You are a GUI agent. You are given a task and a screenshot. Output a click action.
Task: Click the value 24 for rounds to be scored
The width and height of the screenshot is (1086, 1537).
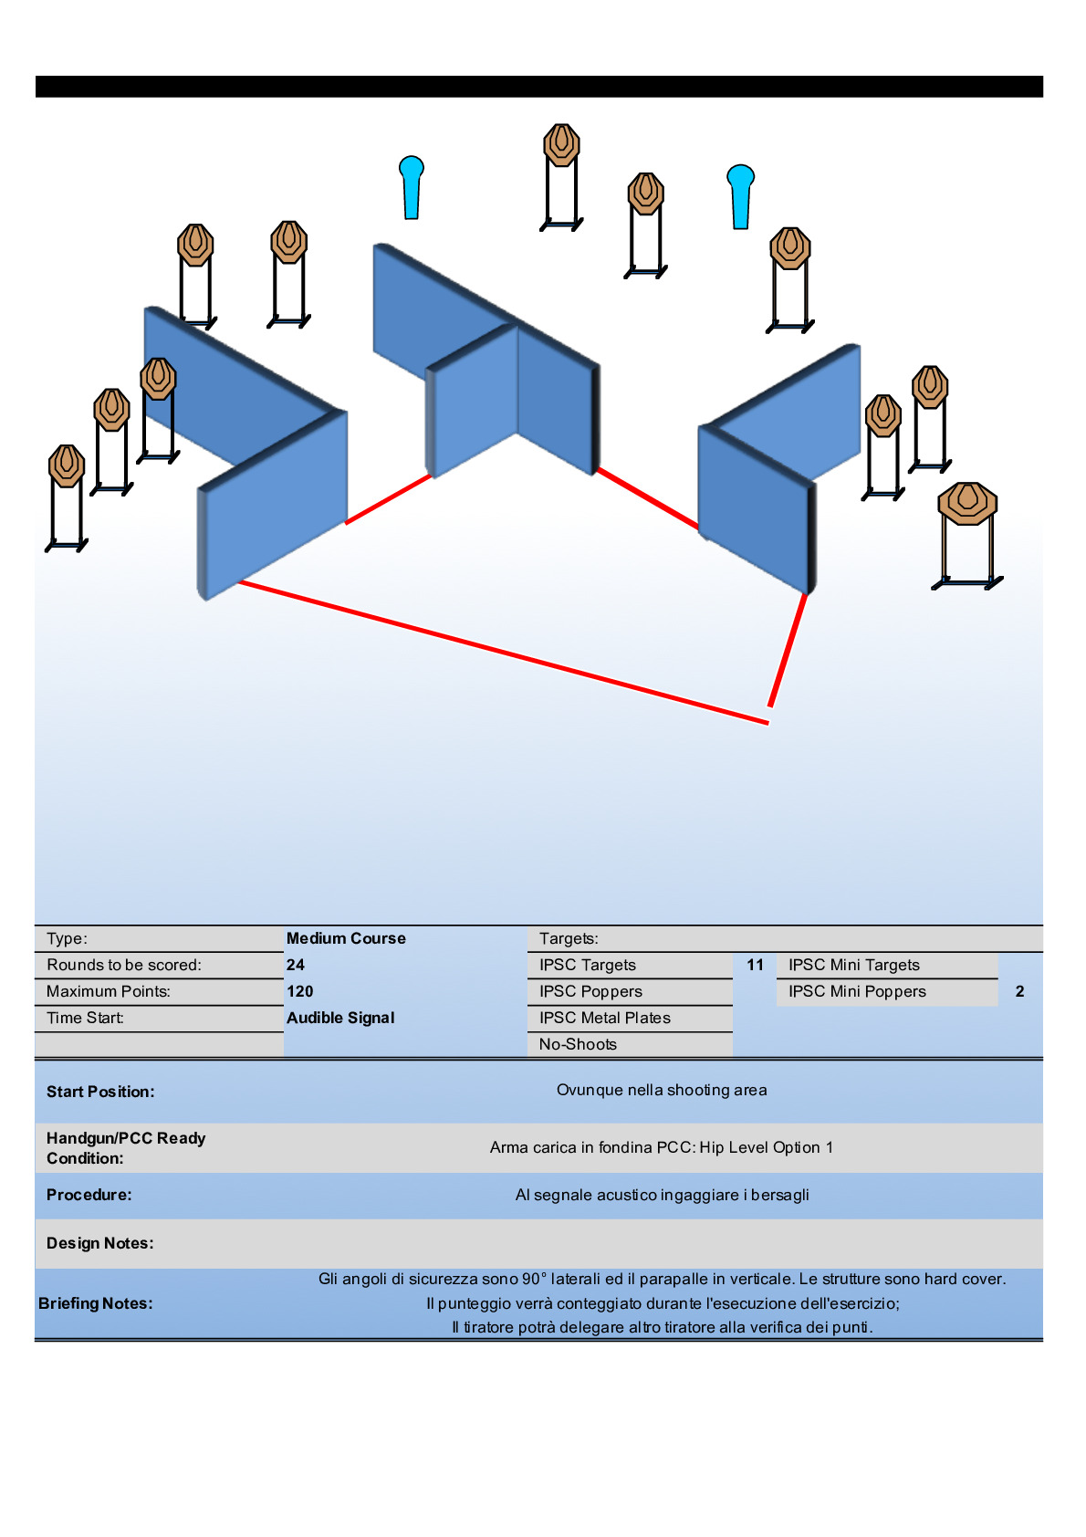(x=296, y=965)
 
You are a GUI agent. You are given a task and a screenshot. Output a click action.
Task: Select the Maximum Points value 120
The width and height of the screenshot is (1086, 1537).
(x=299, y=991)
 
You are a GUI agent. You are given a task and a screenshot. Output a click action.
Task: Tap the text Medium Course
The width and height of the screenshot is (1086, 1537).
(x=346, y=938)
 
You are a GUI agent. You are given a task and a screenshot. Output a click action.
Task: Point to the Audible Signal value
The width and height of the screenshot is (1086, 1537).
(x=340, y=1018)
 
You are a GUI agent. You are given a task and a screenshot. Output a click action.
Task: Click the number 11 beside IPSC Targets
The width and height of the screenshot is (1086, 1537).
(x=755, y=965)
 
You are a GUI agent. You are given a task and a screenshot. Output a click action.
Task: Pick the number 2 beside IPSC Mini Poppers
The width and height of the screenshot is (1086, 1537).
(x=1019, y=991)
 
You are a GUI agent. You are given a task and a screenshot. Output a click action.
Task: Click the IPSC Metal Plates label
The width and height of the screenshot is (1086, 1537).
(x=604, y=1018)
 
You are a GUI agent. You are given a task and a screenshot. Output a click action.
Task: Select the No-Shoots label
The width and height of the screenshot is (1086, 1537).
(x=578, y=1044)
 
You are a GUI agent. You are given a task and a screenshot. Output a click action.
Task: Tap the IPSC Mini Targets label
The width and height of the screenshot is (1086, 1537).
(x=853, y=965)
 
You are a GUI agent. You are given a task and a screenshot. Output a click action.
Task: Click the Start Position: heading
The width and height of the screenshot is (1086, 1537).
(x=100, y=1092)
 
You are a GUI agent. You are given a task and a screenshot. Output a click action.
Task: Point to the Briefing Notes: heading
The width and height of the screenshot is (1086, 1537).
(x=96, y=1303)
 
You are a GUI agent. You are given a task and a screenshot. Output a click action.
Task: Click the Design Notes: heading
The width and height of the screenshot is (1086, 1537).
(x=100, y=1243)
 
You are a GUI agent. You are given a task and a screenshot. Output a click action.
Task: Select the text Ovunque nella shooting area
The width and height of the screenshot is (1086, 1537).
(x=662, y=1090)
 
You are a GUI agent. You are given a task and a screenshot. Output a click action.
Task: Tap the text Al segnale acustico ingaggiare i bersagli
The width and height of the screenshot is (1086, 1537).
(x=662, y=1195)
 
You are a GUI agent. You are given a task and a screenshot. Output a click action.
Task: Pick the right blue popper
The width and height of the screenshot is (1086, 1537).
(x=741, y=194)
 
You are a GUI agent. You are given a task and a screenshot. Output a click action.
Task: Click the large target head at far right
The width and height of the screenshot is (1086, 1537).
(x=967, y=503)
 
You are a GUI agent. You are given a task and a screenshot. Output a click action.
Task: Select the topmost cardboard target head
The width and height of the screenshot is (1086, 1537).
(x=561, y=144)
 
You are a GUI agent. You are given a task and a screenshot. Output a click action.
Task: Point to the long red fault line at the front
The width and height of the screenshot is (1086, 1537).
(x=502, y=652)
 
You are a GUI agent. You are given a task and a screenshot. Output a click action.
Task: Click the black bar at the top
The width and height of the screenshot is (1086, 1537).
(x=538, y=87)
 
